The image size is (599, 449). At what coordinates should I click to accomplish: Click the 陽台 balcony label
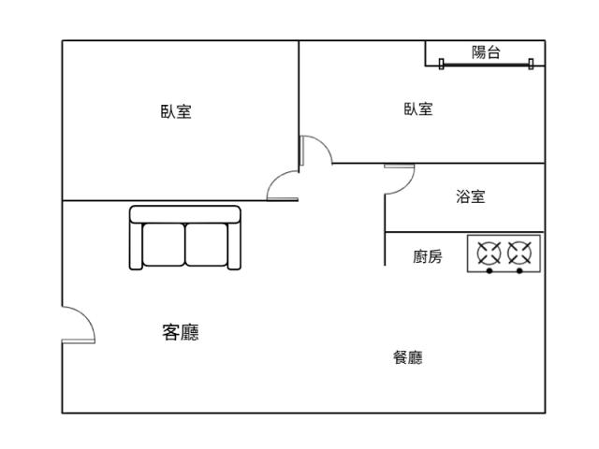point(485,53)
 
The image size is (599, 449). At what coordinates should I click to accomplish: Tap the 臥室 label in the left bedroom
point(176,111)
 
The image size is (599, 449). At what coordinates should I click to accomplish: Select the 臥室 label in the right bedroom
point(418,109)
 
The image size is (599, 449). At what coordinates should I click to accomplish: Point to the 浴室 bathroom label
point(471,196)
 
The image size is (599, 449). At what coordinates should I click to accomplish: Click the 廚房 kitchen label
point(428,256)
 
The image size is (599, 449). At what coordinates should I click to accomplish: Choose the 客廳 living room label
point(181,332)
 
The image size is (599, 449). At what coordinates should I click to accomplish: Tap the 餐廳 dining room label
point(407,357)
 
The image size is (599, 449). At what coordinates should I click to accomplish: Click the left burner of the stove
point(489,252)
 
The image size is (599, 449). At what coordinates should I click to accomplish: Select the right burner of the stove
point(519,252)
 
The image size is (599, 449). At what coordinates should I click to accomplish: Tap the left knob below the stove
point(489,271)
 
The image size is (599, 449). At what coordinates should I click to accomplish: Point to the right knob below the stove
point(519,271)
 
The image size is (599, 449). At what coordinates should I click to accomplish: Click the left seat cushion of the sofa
point(163,244)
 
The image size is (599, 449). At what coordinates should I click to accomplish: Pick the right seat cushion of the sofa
point(207,244)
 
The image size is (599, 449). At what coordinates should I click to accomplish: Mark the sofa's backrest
point(185,213)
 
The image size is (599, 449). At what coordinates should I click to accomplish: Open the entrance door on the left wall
point(79,325)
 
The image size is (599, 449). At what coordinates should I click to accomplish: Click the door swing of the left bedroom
point(282,186)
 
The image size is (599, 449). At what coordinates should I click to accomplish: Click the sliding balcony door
point(485,65)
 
